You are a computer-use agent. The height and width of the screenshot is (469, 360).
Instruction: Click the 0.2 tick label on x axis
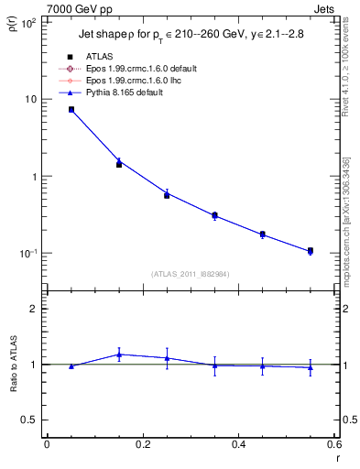[x=142, y=444]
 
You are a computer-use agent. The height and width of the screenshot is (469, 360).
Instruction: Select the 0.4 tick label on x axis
[x=238, y=444]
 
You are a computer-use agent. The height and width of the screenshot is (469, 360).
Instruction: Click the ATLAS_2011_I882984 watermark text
[x=190, y=273]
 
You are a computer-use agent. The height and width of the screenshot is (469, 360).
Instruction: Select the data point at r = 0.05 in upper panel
[x=71, y=109]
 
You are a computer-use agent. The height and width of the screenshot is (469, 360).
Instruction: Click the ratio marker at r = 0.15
[x=119, y=354]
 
